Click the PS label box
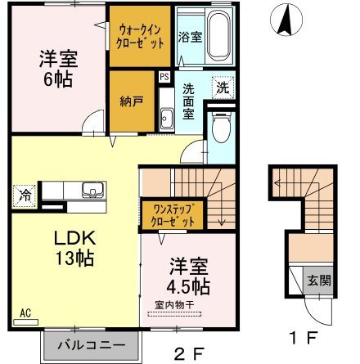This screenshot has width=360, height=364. [164, 77]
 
